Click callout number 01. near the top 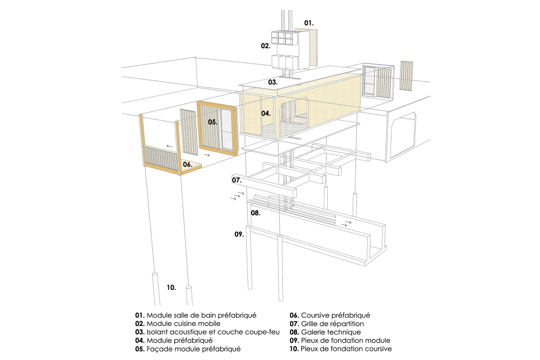(x=308, y=23)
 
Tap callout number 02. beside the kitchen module (x=265, y=46)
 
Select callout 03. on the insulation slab (x=273, y=83)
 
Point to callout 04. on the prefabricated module (x=266, y=113)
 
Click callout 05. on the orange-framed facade (x=213, y=122)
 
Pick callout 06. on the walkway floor (x=187, y=164)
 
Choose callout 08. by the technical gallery (x=255, y=213)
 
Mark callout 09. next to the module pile (x=239, y=234)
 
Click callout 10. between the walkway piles (x=171, y=288)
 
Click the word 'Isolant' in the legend (x=158, y=332)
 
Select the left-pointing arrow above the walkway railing (x=170, y=146)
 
